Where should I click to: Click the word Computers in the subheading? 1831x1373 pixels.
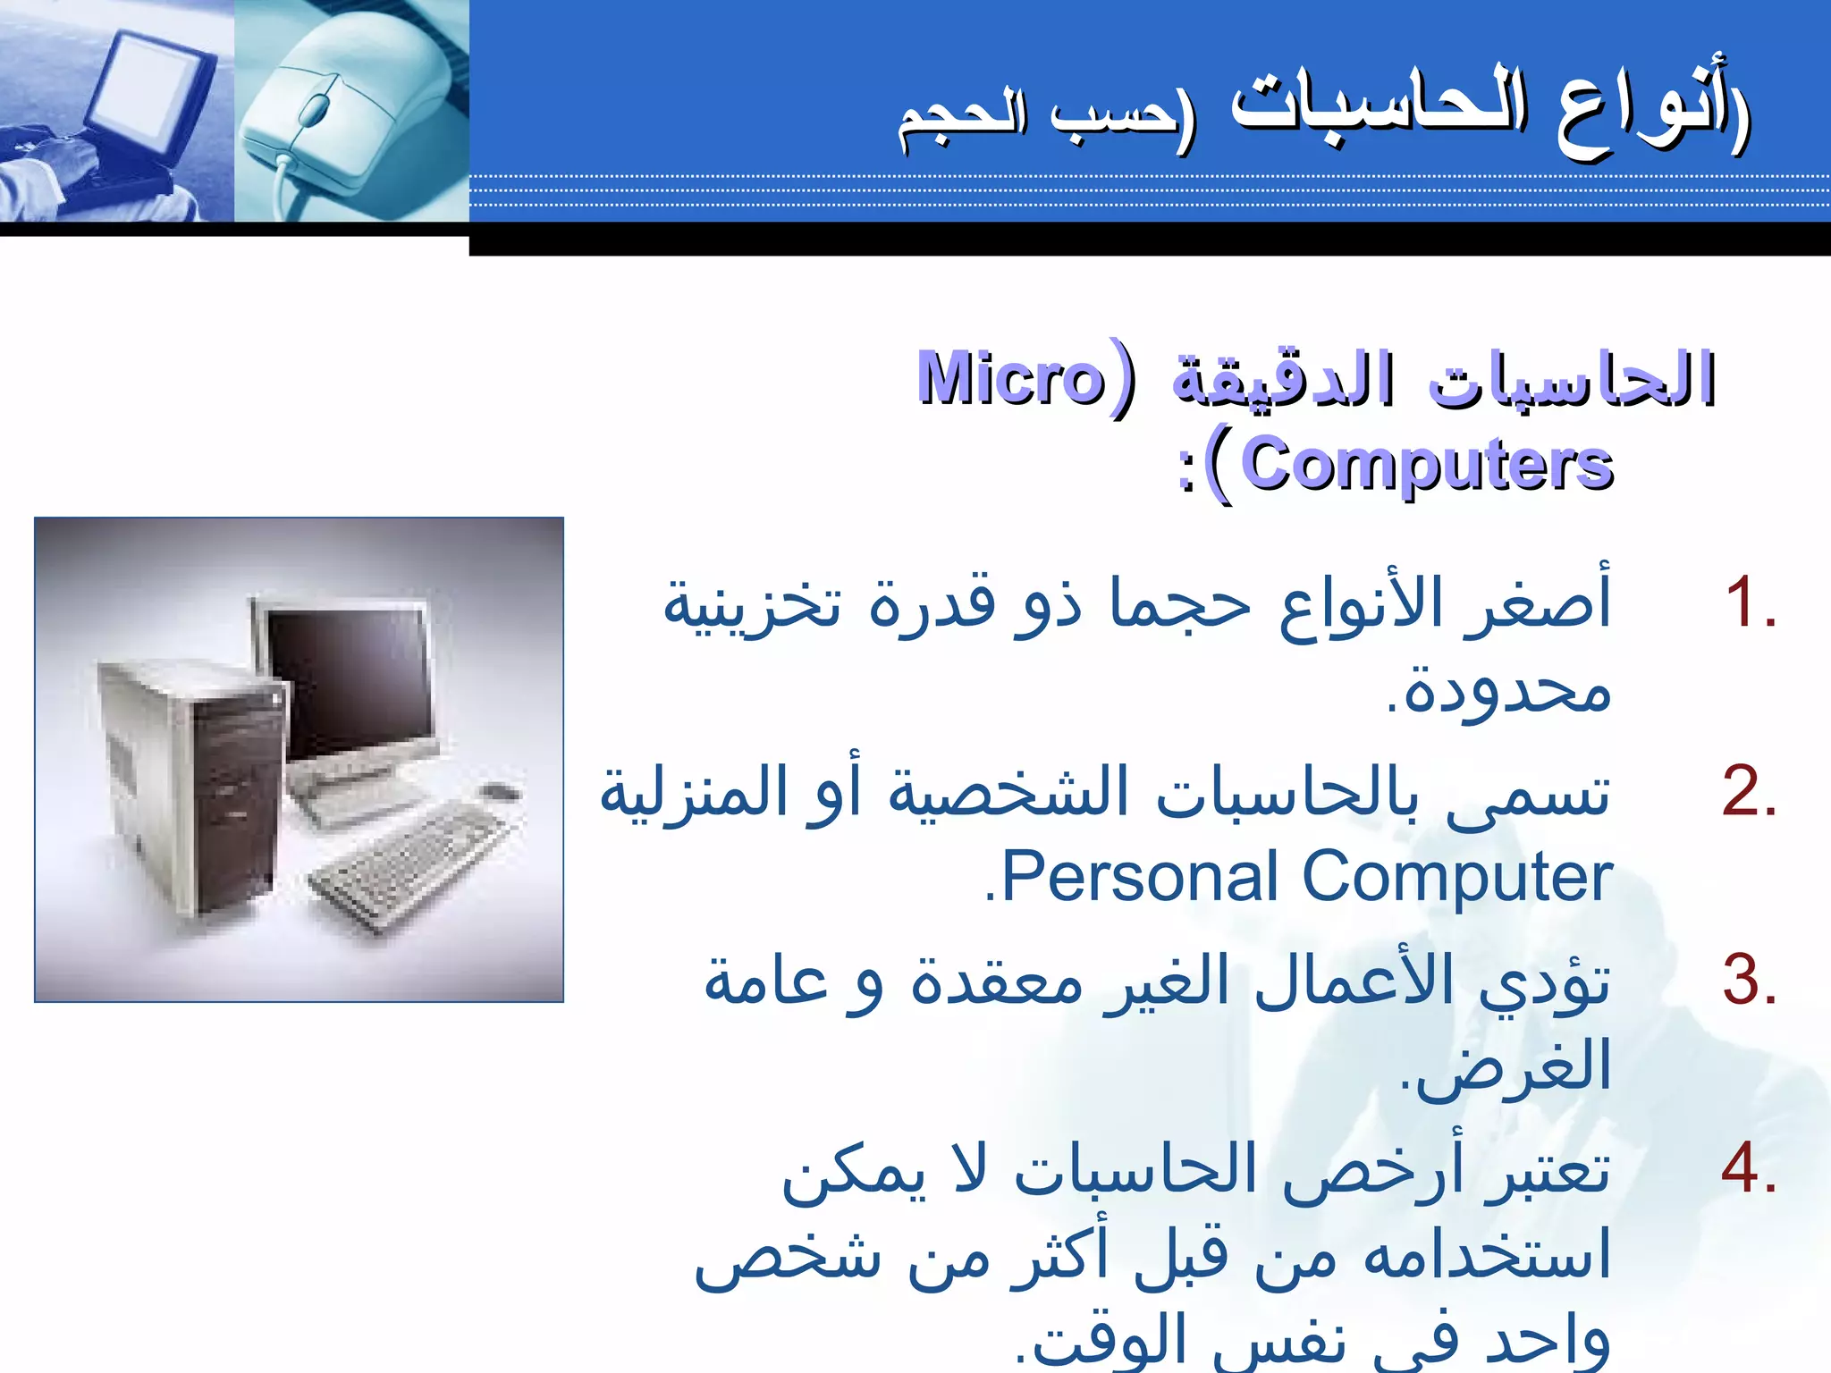pos(1427,465)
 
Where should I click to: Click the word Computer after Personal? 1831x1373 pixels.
pos(1457,878)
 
